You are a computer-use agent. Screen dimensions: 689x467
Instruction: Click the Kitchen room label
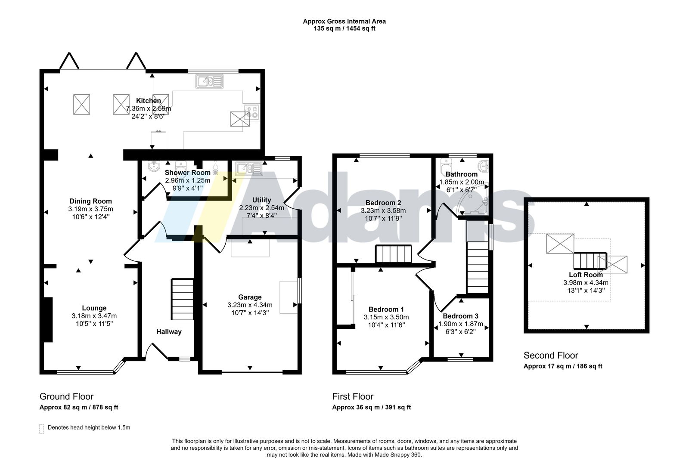coord(148,101)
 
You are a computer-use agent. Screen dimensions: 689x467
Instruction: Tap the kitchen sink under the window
coord(209,81)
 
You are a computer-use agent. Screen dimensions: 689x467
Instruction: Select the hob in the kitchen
coord(251,112)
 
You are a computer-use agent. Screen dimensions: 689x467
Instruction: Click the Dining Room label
coord(90,201)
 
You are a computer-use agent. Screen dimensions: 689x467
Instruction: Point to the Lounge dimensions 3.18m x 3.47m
coord(94,316)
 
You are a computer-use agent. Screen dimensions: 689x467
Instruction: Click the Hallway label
coord(169,331)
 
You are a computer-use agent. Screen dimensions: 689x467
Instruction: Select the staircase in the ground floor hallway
coord(182,300)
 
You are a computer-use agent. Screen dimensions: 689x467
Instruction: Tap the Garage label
coord(250,297)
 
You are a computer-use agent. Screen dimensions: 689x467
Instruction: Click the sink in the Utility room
coord(249,168)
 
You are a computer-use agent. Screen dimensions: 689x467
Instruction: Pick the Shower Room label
coord(188,173)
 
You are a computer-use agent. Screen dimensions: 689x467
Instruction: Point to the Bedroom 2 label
coord(383,203)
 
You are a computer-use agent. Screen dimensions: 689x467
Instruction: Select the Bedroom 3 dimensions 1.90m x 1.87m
coord(460,324)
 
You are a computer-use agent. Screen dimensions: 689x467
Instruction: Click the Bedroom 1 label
coord(386,309)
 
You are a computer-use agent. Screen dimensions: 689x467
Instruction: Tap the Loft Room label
coord(586,275)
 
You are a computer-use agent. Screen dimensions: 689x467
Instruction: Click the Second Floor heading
coord(551,356)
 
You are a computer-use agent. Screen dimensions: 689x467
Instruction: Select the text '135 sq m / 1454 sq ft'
coord(344,28)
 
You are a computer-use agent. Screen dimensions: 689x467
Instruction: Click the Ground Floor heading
coord(66,396)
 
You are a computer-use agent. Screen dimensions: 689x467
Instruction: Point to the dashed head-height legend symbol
coord(41,429)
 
